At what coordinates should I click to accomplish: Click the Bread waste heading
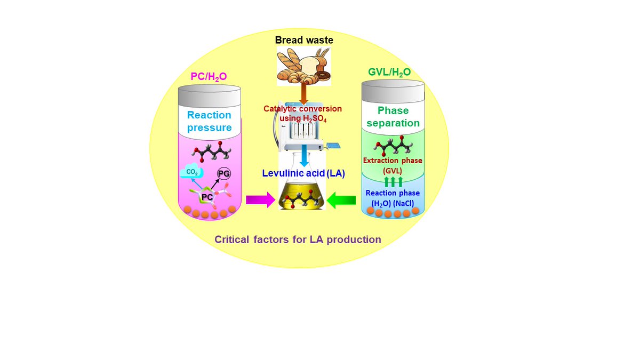pyautogui.click(x=304, y=40)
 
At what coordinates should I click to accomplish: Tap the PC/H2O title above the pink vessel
pyautogui.click(x=209, y=77)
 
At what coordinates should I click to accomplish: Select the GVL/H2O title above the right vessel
pyautogui.click(x=389, y=72)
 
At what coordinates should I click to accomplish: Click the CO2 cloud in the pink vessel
pyautogui.click(x=191, y=171)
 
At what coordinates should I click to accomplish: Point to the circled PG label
pyautogui.click(x=223, y=173)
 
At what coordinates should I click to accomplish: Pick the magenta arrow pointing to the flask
pyautogui.click(x=261, y=199)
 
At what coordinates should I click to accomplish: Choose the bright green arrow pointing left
pyautogui.click(x=341, y=201)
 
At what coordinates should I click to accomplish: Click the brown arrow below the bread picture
pyautogui.click(x=303, y=93)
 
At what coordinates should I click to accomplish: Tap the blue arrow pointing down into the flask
pyautogui.click(x=305, y=156)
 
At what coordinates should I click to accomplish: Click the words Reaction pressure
pyautogui.click(x=209, y=121)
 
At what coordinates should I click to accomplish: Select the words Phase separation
pyautogui.click(x=393, y=117)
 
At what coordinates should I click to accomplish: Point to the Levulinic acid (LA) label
pyautogui.click(x=303, y=173)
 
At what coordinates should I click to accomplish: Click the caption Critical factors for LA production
pyautogui.click(x=298, y=239)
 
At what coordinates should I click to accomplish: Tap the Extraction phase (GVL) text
pyautogui.click(x=393, y=166)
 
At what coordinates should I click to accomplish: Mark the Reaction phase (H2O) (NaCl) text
pyautogui.click(x=393, y=198)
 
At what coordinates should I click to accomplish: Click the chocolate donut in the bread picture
pyautogui.click(x=323, y=75)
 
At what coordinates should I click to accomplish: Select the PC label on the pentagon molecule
pyautogui.click(x=207, y=197)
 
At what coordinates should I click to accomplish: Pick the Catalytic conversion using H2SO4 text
pyautogui.click(x=302, y=114)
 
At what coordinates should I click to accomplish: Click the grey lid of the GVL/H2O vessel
pyautogui.click(x=393, y=91)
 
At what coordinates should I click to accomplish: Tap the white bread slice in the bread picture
pyautogui.click(x=309, y=65)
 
